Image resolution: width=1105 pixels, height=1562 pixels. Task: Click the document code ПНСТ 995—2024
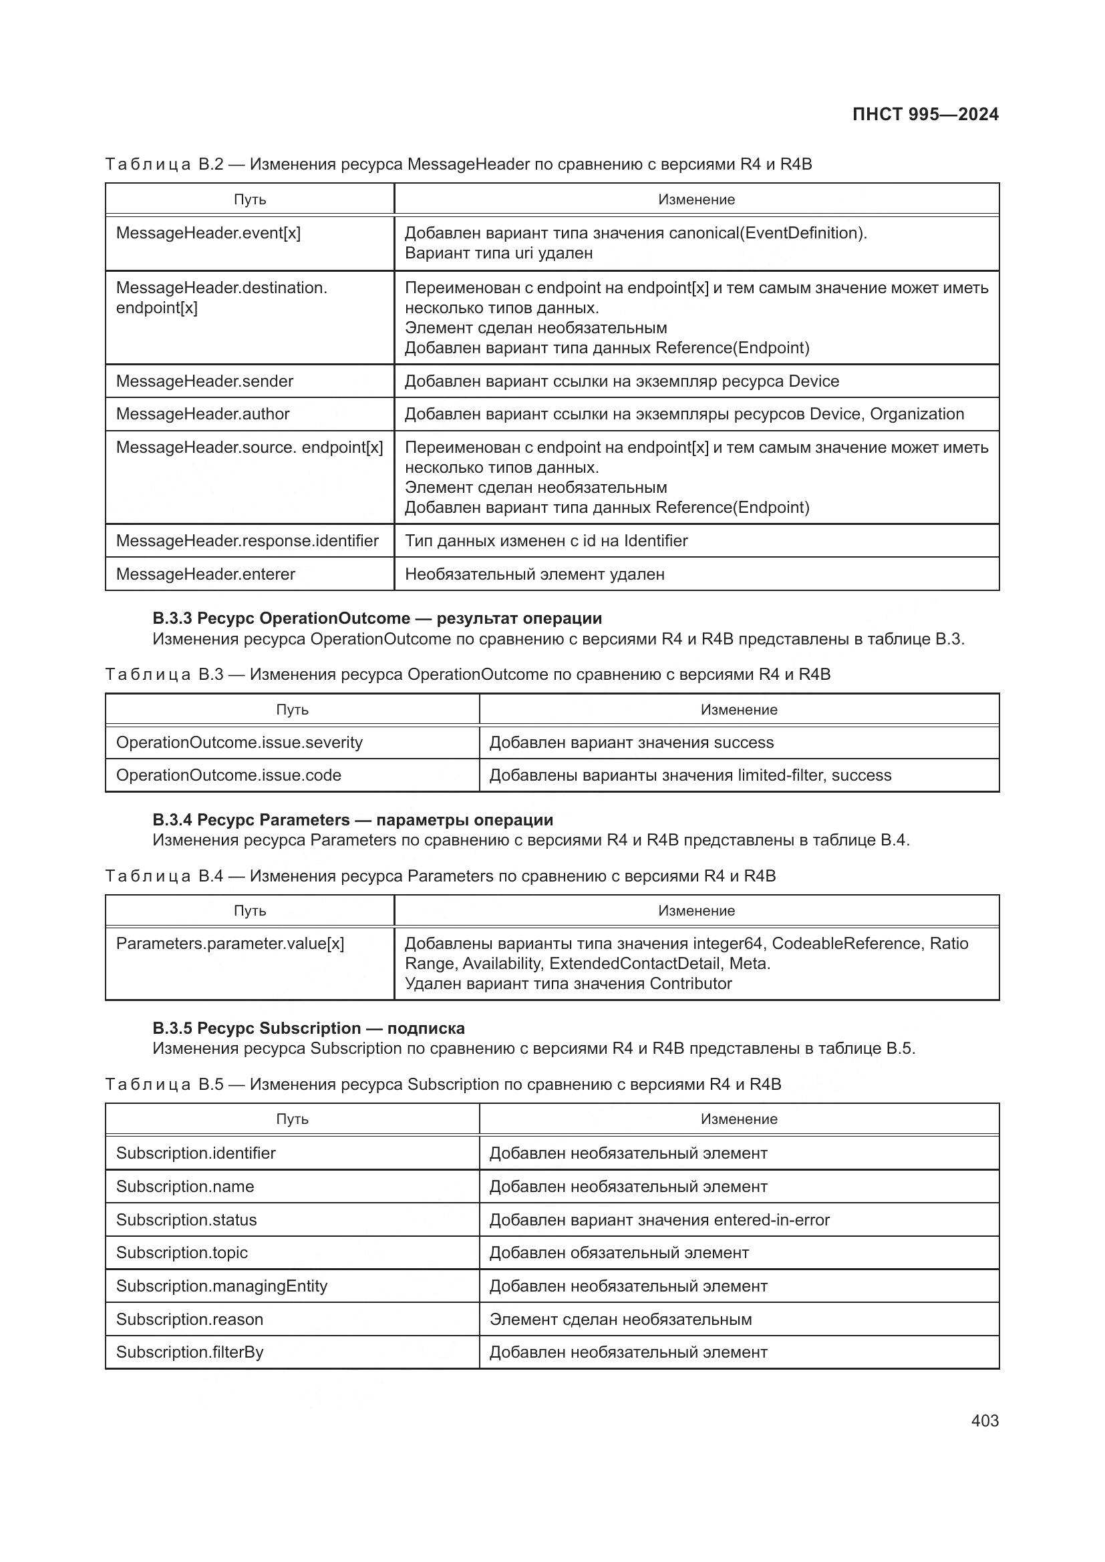tap(925, 114)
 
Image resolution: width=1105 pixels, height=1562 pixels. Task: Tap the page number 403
tap(985, 1420)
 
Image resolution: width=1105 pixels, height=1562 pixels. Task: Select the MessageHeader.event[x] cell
tap(208, 233)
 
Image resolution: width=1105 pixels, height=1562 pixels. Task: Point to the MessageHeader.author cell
tap(203, 414)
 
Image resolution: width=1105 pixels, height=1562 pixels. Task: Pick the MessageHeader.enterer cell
tap(206, 574)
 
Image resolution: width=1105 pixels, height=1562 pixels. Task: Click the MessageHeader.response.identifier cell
tap(247, 541)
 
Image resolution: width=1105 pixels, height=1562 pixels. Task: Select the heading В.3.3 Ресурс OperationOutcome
tap(377, 618)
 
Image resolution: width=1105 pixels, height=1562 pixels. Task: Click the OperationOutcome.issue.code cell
tap(228, 775)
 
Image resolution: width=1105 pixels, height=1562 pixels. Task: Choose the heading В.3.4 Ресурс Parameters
tap(353, 820)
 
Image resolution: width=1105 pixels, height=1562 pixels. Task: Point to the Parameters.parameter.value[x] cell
tap(230, 944)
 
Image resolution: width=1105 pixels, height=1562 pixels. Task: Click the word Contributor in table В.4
tap(691, 984)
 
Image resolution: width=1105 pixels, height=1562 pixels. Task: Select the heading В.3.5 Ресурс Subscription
tap(308, 1028)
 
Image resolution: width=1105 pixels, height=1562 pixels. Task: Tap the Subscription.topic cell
tap(182, 1252)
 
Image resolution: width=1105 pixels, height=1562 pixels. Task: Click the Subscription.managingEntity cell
tap(222, 1286)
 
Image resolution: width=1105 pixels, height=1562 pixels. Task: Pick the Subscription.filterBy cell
tap(190, 1352)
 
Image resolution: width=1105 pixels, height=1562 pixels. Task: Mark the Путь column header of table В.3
tap(292, 710)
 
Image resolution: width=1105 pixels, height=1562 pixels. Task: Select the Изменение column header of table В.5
tap(739, 1119)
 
